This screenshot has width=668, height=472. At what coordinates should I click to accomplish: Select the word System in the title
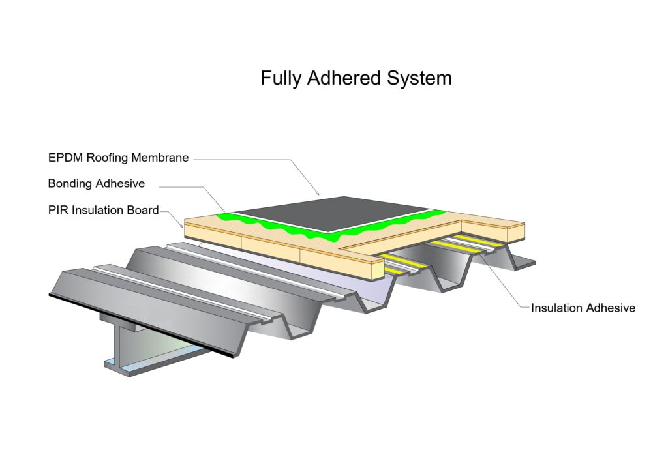[x=419, y=79]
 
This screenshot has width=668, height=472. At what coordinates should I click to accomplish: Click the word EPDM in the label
[x=66, y=158]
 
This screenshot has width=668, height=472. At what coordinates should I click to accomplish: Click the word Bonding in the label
[x=69, y=184]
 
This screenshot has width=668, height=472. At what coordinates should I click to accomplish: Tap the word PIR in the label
[x=58, y=211]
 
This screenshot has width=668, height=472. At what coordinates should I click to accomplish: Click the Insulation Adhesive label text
[x=583, y=308]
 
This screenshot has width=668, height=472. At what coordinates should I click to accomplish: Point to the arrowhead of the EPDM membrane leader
[x=318, y=194]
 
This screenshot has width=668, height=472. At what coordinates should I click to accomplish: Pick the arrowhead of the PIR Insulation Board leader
[x=182, y=226]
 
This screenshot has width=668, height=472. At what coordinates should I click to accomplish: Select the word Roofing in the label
[x=107, y=158]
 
